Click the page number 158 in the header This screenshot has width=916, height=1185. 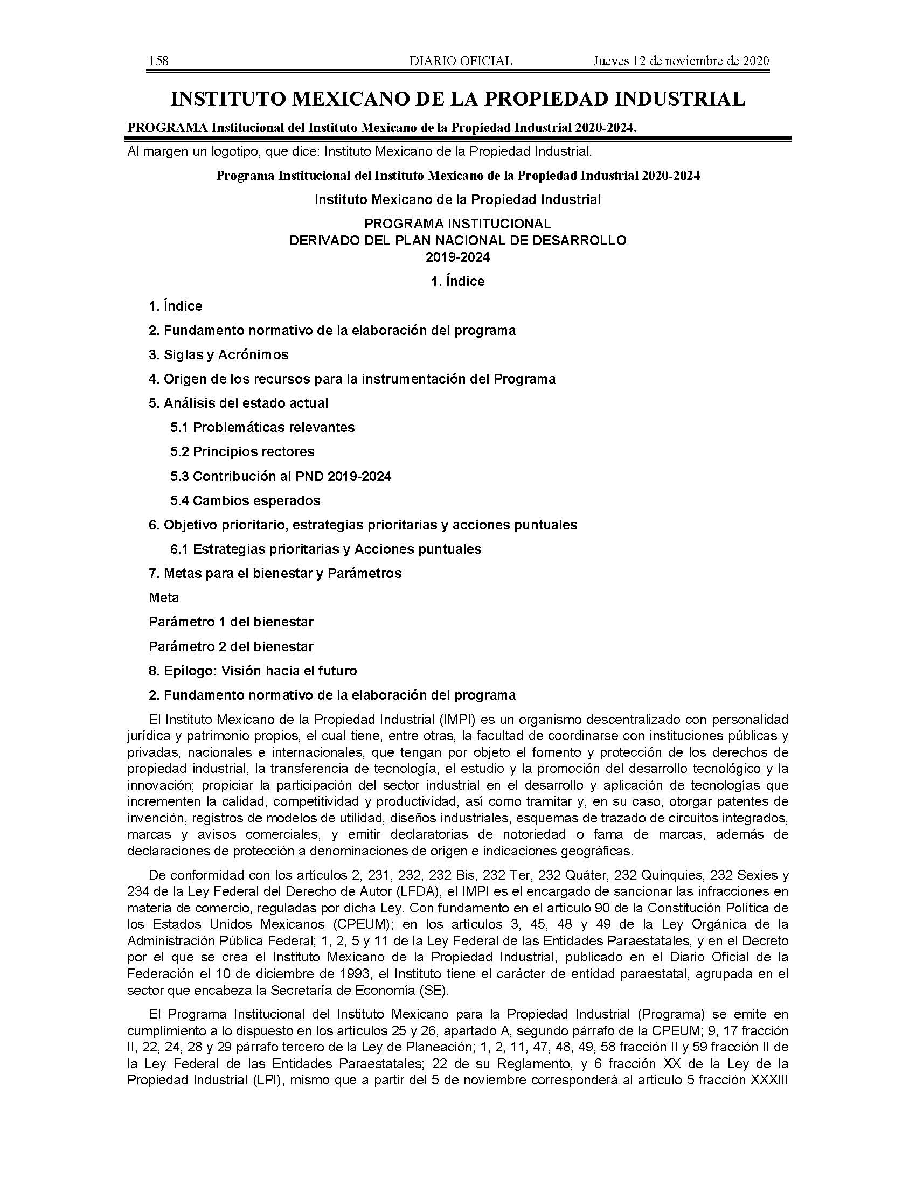(x=158, y=61)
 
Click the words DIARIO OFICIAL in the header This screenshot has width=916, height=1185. (x=461, y=61)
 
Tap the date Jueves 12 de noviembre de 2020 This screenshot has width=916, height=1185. (x=681, y=61)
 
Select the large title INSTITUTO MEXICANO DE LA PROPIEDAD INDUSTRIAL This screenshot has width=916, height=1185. (x=458, y=99)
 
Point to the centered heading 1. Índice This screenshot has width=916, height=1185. (x=457, y=282)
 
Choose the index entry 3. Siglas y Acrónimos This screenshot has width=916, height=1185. (x=218, y=355)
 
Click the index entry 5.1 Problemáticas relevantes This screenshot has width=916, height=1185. (x=262, y=428)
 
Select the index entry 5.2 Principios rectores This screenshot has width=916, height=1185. (x=242, y=452)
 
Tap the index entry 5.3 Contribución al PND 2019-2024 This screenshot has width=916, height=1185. (x=281, y=476)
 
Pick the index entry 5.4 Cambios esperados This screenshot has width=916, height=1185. (x=245, y=500)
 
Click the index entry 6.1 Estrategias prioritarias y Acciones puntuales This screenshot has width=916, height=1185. (x=325, y=549)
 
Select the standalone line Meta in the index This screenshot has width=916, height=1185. (x=164, y=598)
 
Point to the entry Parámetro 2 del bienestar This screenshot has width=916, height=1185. (x=231, y=647)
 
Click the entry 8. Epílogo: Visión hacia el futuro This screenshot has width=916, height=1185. (x=253, y=671)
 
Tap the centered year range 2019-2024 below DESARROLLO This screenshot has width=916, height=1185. (x=457, y=257)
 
